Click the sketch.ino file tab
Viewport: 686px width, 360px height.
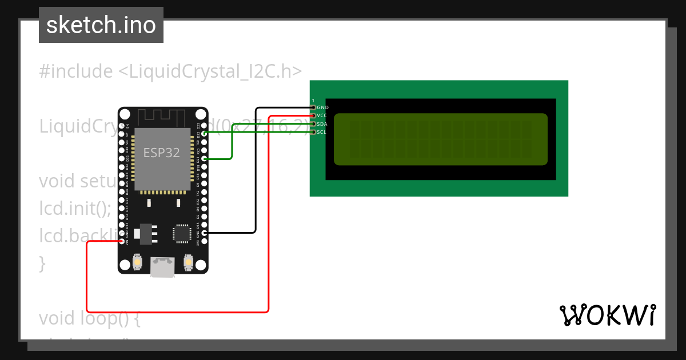(101, 25)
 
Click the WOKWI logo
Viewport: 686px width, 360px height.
(607, 315)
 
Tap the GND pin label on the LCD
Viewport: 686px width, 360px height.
(323, 107)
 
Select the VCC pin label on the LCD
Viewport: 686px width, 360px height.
(322, 115)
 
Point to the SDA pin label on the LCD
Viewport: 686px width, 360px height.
(322, 124)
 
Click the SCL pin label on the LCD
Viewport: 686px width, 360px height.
(322, 132)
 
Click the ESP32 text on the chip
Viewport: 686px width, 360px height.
(162, 153)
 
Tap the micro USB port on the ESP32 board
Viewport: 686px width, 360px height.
(163, 267)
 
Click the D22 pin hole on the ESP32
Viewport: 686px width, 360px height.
(205, 133)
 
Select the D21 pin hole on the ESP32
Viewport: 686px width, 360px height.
(205, 158)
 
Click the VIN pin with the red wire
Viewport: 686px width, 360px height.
(122, 242)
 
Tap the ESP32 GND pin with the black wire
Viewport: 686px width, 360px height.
(205, 233)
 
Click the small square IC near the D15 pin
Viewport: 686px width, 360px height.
(182, 233)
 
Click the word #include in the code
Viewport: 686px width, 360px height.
(76, 71)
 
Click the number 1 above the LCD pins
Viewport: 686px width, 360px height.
(313, 101)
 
